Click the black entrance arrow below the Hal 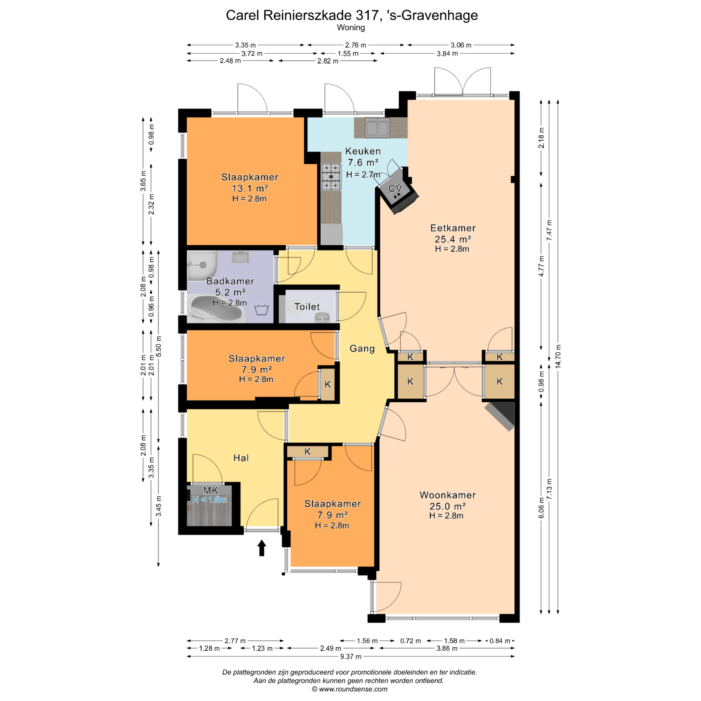coord(261,548)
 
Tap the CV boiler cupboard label coord(395,188)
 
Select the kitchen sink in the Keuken coord(377,127)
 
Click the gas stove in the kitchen coord(331,177)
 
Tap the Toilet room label coord(307,307)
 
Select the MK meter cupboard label coord(211,490)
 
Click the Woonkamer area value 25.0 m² coord(447,506)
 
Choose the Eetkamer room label coord(453,228)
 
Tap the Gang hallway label coord(362,349)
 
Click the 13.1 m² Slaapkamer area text coord(250,188)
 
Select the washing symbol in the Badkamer coord(261,310)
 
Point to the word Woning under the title coord(351,27)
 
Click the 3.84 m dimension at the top coord(447,54)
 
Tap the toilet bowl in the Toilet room coord(322,317)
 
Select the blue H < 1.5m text coord(210,499)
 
